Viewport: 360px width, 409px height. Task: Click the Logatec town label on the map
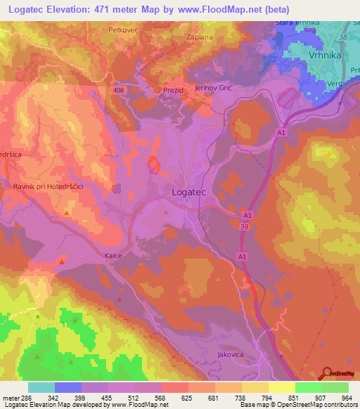coord(189,190)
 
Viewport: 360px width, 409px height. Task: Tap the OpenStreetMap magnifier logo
coord(328,373)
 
